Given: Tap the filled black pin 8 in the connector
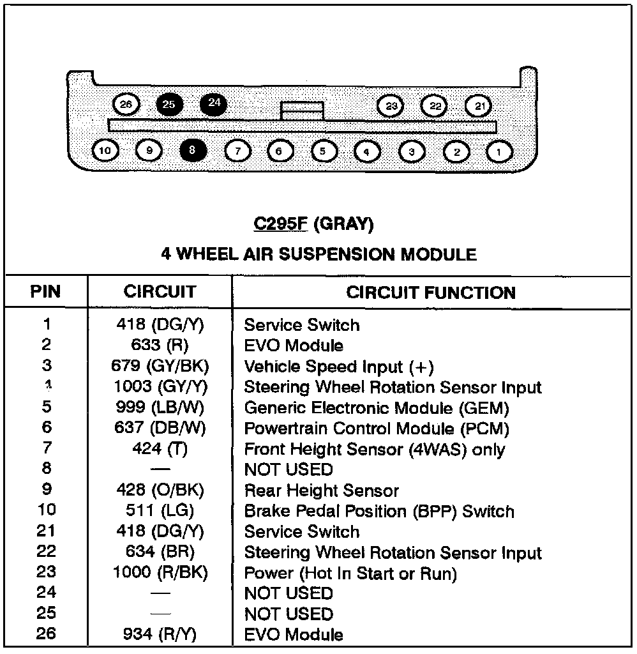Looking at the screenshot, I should pyautogui.click(x=193, y=151).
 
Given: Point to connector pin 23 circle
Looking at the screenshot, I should pyautogui.click(x=391, y=106).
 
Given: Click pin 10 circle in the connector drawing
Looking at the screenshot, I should pyautogui.click(x=105, y=151).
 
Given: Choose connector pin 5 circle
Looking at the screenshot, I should pyautogui.click(x=324, y=151).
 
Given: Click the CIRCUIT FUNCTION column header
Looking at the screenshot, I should pyautogui.click(x=431, y=293).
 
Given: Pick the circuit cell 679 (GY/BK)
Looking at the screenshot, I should pyautogui.click(x=160, y=367).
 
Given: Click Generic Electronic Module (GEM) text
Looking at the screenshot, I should pyautogui.click(x=377, y=408).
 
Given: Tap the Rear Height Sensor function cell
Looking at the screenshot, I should pyautogui.click(x=321, y=490).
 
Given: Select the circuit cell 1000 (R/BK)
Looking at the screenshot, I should pyautogui.click(x=160, y=573).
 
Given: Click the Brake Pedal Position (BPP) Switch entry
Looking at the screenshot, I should pyautogui.click(x=379, y=511).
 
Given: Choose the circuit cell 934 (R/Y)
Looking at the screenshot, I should pyautogui.click(x=160, y=634).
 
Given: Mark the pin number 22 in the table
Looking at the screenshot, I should pyautogui.click(x=46, y=552).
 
